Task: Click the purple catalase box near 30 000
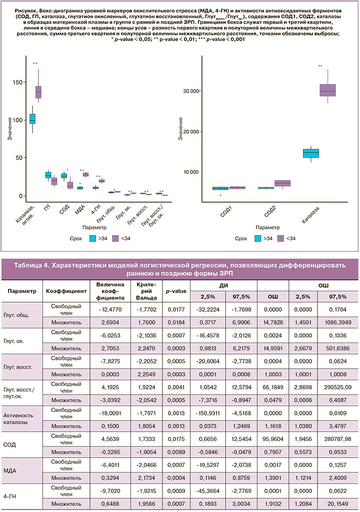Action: click(x=328, y=90)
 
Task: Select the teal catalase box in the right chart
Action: click(x=311, y=153)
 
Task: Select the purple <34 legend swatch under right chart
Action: click(x=280, y=238)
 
